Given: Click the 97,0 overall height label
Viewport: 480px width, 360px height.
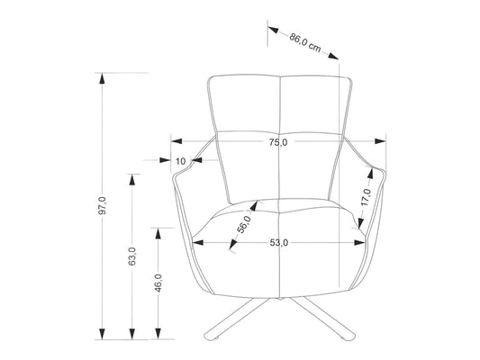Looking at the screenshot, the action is click(x=103, y=205).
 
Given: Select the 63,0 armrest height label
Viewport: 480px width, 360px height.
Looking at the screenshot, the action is click(x=132, y=256).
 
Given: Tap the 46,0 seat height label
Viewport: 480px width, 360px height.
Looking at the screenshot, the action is click(x=158, y=283).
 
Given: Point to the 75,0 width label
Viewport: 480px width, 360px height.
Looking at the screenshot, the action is click(x=278, y=142).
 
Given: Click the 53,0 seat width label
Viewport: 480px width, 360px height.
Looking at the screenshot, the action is click(x=278, y=243).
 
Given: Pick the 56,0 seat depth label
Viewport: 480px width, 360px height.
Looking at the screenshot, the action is click(x=244, y=224).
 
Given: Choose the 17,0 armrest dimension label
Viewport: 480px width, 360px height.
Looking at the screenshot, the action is click(x=366, y=197).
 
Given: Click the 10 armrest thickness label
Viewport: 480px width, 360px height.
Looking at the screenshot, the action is click(x=181, y=161).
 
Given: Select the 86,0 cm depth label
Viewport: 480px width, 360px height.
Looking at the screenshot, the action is click(x=305, y=42).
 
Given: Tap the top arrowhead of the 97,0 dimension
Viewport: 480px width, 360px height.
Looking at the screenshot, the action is click(x=103, y=79).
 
